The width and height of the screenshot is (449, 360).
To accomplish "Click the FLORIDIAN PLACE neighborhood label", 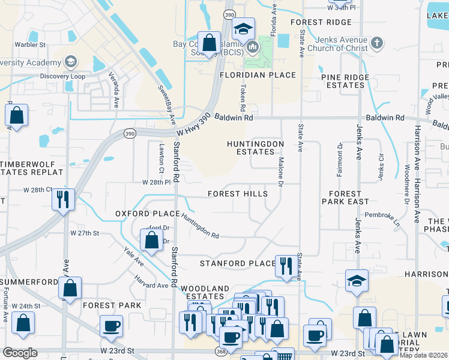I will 258,75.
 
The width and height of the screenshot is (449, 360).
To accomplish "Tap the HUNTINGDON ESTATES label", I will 255,148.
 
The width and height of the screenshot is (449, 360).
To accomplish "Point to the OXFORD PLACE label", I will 147,214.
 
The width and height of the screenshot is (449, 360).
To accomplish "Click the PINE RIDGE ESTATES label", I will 343,81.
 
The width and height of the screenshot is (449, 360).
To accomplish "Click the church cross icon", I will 376,43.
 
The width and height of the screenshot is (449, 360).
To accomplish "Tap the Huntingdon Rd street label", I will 200,227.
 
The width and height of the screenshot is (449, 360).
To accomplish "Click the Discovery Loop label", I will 63,76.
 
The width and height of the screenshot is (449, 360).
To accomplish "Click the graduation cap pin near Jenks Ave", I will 357,280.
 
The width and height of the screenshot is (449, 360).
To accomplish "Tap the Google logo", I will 20,353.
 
